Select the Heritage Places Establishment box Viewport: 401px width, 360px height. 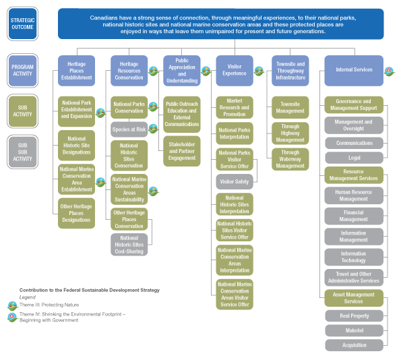pyautogui.click(x=76, y=71)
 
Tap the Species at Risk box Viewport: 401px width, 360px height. pyautogui.click(x=129, y=129)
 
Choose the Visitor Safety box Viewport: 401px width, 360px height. pyautogui.click(x=234, y=181)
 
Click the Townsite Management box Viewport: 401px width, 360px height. pyautogui.click(x=291, y=107)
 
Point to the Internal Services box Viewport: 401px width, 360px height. pyautogui.click(x=353, y=70)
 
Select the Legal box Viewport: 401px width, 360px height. pyautogui.click(x=354, y=158)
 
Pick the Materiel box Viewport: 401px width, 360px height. pyautogui.click(x=354, y=330)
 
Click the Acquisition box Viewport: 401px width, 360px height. pyautogui.click(x=354, y=345)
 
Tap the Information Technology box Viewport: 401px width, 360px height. pyautogui.click(x=354, y=257)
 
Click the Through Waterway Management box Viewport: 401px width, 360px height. pyautogui.click(x=291, y=160)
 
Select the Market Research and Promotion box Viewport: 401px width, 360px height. pyautogui.click(x=234, y=107)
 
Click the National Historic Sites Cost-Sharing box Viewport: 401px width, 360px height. pyautogui.click(x=129, y=244)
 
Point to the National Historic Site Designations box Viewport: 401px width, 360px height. pyautogui.click(x=76, y=145)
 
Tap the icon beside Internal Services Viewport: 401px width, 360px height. pyautogui.click(x=388, y=70)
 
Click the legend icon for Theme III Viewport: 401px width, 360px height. pyautogui.click(x=12, y=305)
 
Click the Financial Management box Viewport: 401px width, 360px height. pyautogui.click(x=354, y=215)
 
